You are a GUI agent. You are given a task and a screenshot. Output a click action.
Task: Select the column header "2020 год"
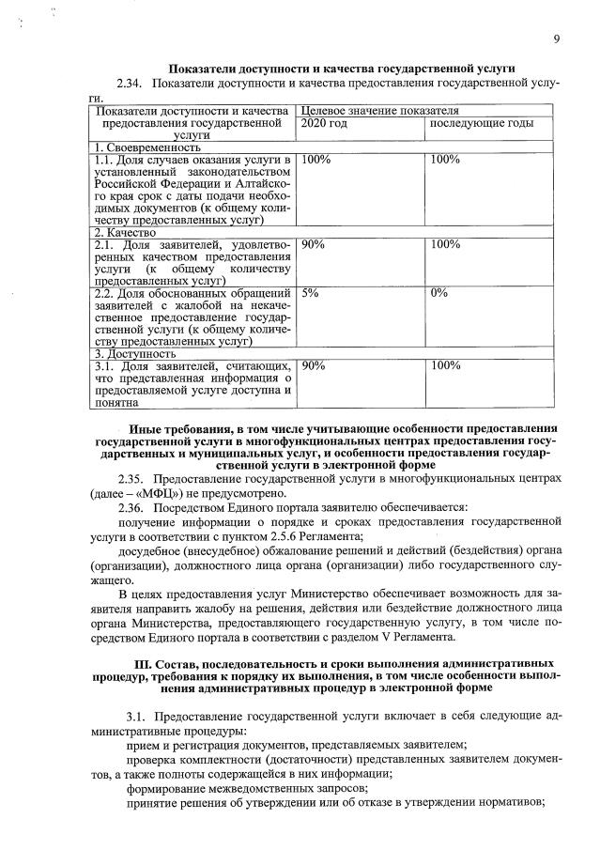(324, 123)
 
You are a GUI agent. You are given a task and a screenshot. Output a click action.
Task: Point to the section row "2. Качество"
(126, 232)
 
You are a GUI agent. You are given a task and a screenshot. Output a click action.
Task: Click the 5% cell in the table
(311, 293)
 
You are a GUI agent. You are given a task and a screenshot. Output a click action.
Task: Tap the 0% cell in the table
(438, 293)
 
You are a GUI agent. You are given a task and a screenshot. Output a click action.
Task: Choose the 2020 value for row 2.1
(314, 244)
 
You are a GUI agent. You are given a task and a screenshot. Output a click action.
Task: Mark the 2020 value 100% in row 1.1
(316, 160)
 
